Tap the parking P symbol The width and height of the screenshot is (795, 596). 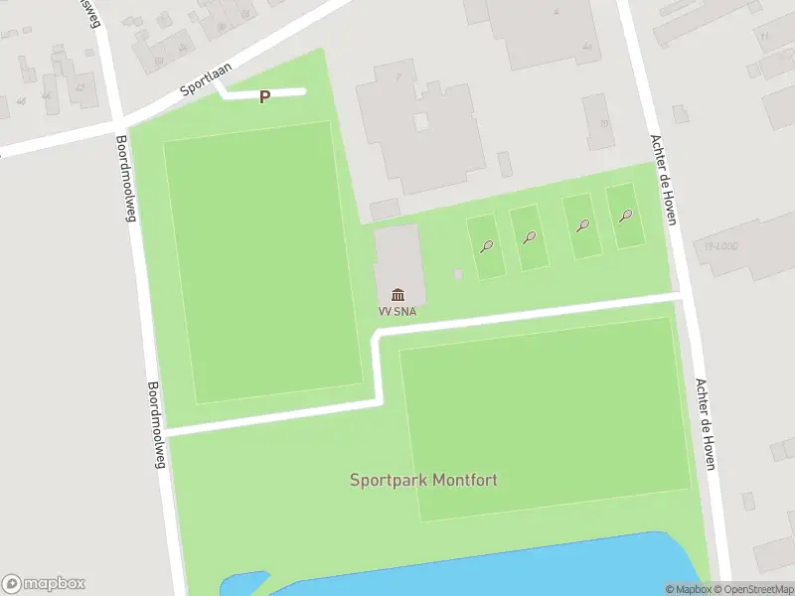click(x=264, y=97)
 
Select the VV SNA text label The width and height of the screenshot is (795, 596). click(x=397, y=311)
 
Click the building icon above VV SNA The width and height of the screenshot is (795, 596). click(x=398, y=294)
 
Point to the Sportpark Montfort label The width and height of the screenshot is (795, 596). click(x=423, y=480)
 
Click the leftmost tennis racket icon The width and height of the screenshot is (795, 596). click(x=487, y=246)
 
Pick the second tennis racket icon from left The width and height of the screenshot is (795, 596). click(x=530, y=237)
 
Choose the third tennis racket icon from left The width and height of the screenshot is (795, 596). click(x=583, y=225)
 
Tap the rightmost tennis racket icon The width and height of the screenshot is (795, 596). click(x=625, y=216)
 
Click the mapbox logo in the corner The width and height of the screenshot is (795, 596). click(x=44, y=584)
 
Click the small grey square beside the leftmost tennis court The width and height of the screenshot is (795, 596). click(x=457, y=274)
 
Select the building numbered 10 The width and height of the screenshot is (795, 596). click(x=598, y=121)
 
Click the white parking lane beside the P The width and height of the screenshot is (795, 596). click(x=288, y=92)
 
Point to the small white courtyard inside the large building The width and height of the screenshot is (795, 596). click(x=421, y=121)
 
